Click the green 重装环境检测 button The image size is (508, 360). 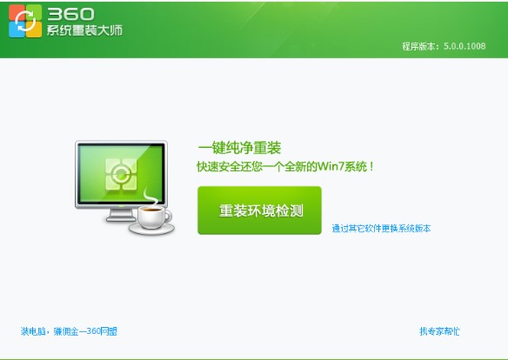pyautogui.click(x=259, y=210)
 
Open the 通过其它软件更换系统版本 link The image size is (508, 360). pyautogui.click(x=381, y=229)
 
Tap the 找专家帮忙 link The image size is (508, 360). pyautogui.click(x=439, y=331)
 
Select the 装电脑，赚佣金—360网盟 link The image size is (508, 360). pyautogui.click(x=69, y=331)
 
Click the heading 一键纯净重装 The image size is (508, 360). pyautogui.click(x=239, y=148)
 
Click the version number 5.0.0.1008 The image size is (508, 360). pyautogui.click(x=465, y=45)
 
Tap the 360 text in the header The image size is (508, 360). pyautogui.click(x=66, y=13)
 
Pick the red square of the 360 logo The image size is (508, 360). pyautogui.click(x=16, y=12)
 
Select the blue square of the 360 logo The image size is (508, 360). pyautogui.click(x=16, y=30)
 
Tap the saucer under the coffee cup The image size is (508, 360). pyautogui.click(x=151, y=230)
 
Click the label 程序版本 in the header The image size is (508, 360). pyautogui.click(x=418, y=45)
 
